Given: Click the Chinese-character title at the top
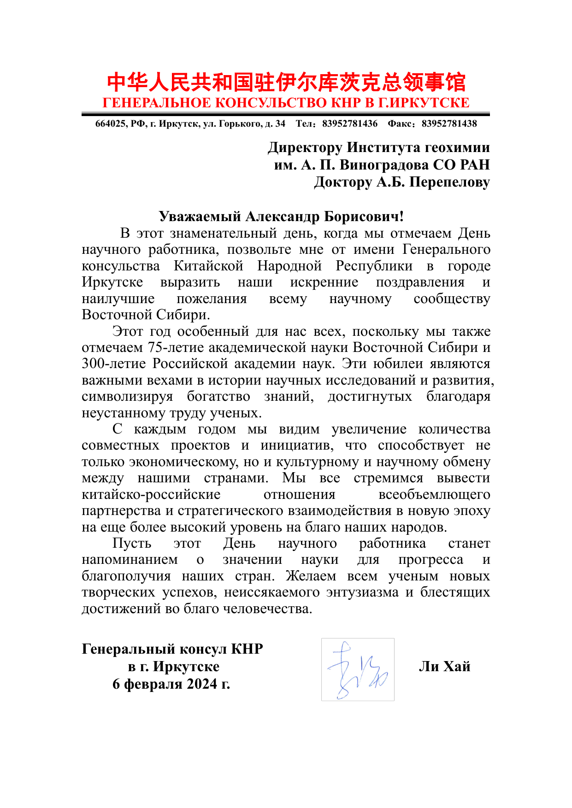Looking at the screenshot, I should click(x=286, y=83).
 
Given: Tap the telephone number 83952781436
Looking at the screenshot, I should click(x=350, y=124).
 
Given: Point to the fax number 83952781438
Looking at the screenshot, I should click(x=449, y=124).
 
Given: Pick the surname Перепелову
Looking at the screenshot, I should click(x=449, y=182).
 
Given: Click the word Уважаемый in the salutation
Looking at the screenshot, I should click(x=200, y=217).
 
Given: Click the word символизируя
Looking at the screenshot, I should click(x=127, y=396).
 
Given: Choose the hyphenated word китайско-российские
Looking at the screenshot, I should click(x=151, y=494).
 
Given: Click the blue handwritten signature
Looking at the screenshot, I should click(x=358, y=669).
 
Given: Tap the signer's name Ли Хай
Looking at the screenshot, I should click(x=444, y=667).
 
